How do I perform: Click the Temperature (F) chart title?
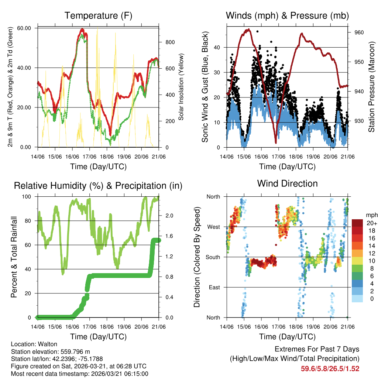tap(98, 16)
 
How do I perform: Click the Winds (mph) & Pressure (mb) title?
tap(287, 16)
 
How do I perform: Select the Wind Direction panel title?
tap(287, 183)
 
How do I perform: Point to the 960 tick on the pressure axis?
tap(359, 32)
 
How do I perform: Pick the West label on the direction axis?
tap(214, 227)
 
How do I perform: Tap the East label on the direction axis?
tap(214, 287)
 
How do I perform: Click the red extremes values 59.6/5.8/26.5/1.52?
tap(330, 368)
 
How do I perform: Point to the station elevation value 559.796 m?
tap(74, 351)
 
